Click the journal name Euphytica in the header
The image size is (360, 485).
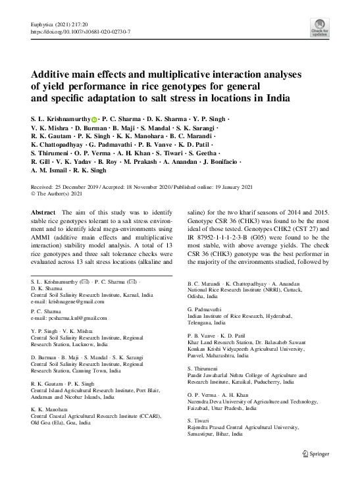coord(44,24)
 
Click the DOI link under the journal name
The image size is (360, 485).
coord(82,31)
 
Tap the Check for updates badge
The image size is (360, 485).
coord(320,27)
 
